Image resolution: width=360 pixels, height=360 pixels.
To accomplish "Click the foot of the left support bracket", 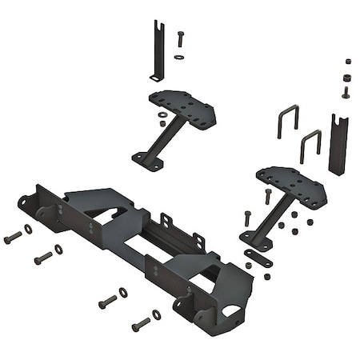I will [x=149, y=159].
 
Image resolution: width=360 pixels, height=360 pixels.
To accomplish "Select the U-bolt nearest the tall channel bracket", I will [x=310, y=147].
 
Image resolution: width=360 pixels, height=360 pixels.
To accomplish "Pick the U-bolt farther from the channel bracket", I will [x=288, y=124].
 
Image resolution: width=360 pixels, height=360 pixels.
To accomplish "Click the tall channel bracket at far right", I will [x=339, y=144].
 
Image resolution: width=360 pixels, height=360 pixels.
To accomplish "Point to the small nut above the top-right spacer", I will [x=347, y=61].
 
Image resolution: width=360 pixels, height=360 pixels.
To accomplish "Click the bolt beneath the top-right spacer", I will [x=346, y=92].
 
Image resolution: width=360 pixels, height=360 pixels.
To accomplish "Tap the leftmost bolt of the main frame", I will [x=12, y=238].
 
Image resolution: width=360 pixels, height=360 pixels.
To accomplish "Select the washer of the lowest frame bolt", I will [x=157, y=315].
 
